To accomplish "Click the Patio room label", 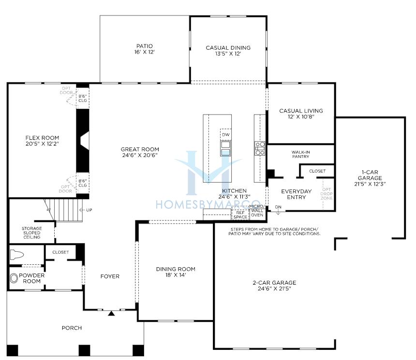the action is click(x=144, y=46).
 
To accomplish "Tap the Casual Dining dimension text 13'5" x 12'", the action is click(x=228, y=54).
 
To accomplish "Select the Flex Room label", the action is click(x=42, y=138).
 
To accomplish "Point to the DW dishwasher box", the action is click(x=226, y=134).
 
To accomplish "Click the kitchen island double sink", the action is click(x=226, y=148).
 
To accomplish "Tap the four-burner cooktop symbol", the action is click(x=260, y=148).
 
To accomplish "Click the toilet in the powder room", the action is click(x=17, y=255).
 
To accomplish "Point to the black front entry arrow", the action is click(x=111, y=313).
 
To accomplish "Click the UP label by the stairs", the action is click(x=89, y=210).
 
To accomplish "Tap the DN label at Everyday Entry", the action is click(x=278, y=207).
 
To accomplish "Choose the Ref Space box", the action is click(x=240, y=215).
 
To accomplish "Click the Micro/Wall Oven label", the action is click(x=257, y=211).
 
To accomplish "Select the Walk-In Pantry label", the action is click(x=300, y=154).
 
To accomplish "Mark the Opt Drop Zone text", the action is click(x=327, y=194).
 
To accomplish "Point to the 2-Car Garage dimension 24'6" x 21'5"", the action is click(x=274, y=288).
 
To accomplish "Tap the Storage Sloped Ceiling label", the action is click(x=32, y=233).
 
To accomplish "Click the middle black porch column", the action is click(x=84, y=350).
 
